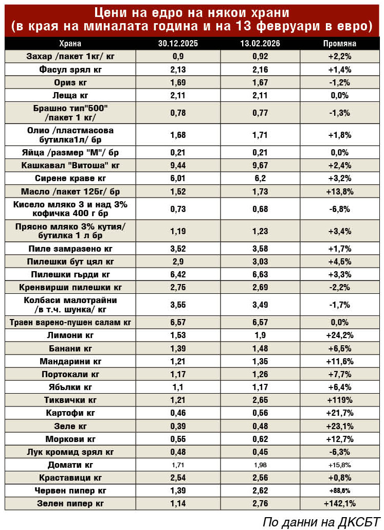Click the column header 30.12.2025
pyautogui.click(x=178, y=44)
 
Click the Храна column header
pyautogui.click(x=70, y=44)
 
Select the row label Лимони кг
pyautogui.click(x=70, y=336)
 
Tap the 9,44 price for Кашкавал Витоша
pyautogui.click(x=178, y=166)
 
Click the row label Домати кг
pyautogui.click(x=70, y=465)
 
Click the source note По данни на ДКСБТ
pyautogui.click(x=321, y=521)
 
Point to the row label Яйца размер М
pyautogui.click(x=70, y=153)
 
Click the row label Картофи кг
pyautogui.click(x=70, y=413)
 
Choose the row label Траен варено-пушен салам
pyautogui.click(x=70, y=323)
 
